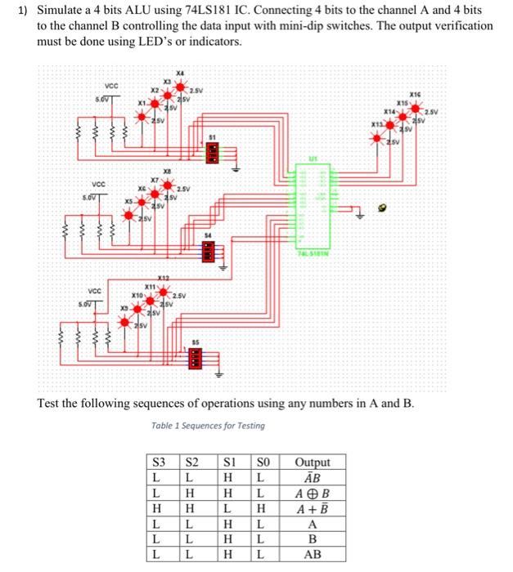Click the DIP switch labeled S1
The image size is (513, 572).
pyautogui.click(x=211, y=151)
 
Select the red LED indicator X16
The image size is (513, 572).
pyautogui.click(x=423, y=105)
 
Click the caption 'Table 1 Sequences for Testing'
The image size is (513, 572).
pyautogui.click(x=208, y=425)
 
